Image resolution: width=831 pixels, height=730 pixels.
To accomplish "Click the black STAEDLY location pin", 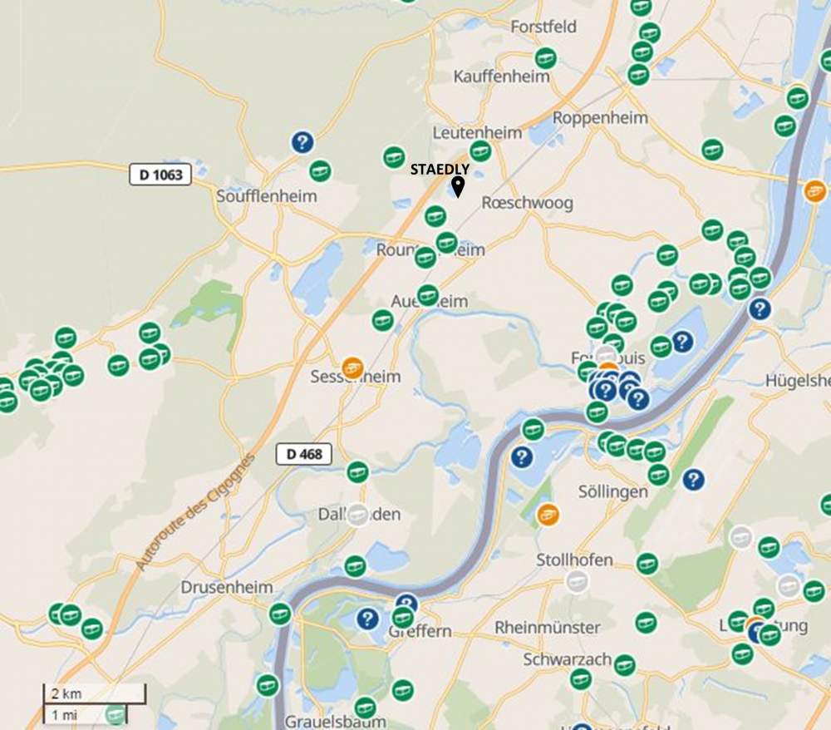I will click(x=457, y=187).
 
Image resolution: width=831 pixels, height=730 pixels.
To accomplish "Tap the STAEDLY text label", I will click(x=440, y=170).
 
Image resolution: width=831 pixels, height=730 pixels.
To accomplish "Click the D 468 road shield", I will click(x=303, y=454).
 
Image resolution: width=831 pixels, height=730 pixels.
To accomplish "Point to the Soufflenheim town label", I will click(x=266, y=196).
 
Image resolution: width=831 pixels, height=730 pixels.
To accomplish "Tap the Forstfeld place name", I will click(x=543, y=27).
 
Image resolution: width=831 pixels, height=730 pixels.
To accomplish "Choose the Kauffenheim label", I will click(x=502, y=76).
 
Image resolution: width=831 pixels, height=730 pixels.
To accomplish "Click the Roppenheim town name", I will click(x=600, y=117).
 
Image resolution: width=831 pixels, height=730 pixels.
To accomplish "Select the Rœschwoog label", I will click(x=527, y=203).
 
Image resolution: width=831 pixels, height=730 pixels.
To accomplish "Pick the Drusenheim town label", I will click(x=227, y=587).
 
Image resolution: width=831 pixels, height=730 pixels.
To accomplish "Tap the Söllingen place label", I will click(x=613, y=492).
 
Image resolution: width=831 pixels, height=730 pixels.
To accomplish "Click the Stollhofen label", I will click(x=575, y=560).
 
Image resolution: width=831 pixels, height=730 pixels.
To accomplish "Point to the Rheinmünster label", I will click(x=548, y=627).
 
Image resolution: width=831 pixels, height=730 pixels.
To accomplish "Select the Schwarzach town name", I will click(x=568, y=659).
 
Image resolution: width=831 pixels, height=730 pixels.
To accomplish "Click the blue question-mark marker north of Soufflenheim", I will click(x=302, y=142).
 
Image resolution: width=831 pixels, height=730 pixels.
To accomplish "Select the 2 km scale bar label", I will click(x=66, y=693).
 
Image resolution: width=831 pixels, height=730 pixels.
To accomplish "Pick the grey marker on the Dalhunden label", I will click(x=357, y=515).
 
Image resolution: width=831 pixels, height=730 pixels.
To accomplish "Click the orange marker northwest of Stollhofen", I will click(x=547, y=514).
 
